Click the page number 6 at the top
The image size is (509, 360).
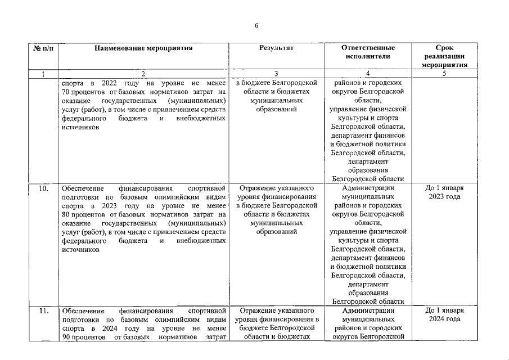pyautogui.click(x=256, y=25)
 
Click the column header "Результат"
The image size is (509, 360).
pyautogui.click(x=276, y=48)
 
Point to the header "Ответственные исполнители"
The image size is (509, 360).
pyautogui.click(x=368, y=52)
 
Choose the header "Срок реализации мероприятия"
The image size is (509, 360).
pyautogui.click(x=444, y=56)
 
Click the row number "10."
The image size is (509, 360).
pyautogui.click(x=43, y=188)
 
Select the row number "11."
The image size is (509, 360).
pyautogui.click(x=43, y=310)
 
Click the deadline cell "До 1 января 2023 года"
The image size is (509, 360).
pyautogui.click(x=444, y=192)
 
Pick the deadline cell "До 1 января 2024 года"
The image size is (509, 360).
pyautogui.click(x=444, y=314)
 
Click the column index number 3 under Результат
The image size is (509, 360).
pyautogui.click(x=276, y=74)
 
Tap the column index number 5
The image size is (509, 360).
pyautogui.click(x=444, y=74)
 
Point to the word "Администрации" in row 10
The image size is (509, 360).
pyautogui.click(x=368, y=188)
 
